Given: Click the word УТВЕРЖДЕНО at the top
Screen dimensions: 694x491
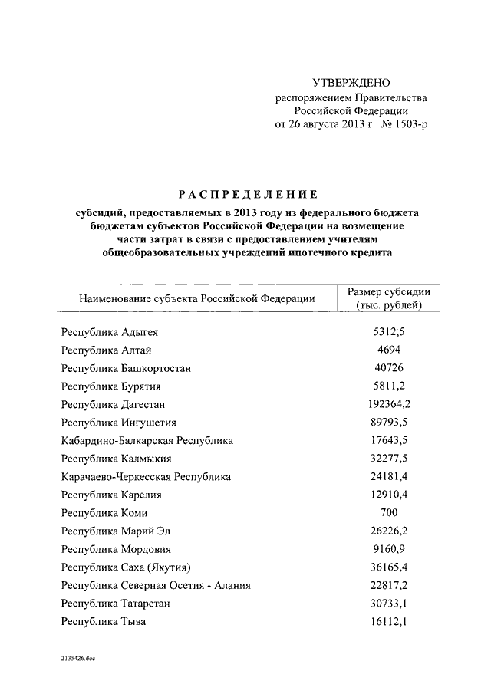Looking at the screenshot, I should tap(351, 83).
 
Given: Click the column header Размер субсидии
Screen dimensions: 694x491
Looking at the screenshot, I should tap(389, 291).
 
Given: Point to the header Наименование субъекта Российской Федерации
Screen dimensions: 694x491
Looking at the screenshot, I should tap(196, 298).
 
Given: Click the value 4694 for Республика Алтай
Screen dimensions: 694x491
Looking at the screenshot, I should tap(389, 350).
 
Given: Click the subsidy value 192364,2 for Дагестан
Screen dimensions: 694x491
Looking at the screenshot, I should tap(389, 404).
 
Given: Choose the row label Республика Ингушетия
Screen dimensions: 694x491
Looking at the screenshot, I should tap(119, 423).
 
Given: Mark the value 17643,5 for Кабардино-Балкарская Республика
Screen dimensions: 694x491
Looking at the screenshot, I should tap(389, 440).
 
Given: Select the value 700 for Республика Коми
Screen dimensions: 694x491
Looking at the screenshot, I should tap(389, 512).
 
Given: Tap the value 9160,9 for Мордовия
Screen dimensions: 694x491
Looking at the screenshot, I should tap(389, 549).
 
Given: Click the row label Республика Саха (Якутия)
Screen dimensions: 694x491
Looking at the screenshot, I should tap(126, 567).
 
